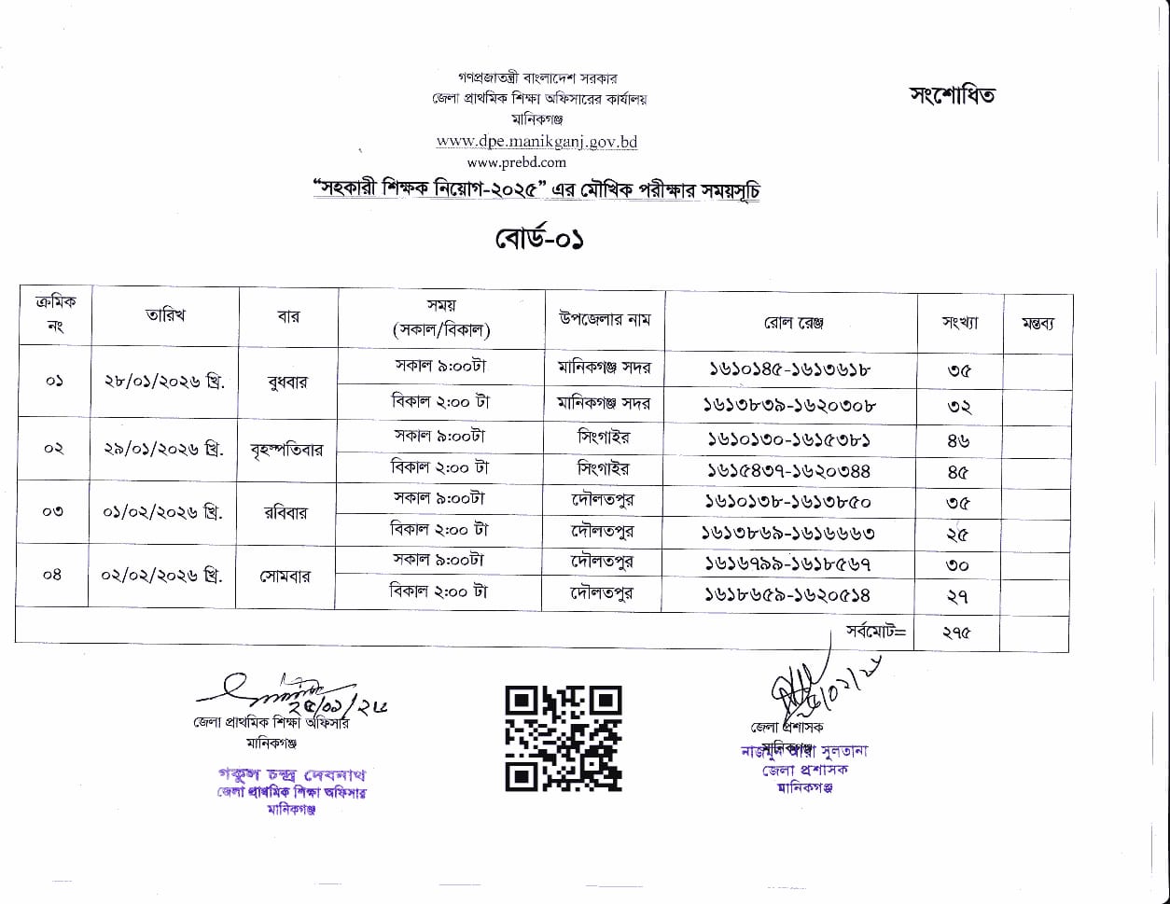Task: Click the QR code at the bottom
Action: coord(563,738)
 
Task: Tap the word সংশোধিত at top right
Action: coord(952,95)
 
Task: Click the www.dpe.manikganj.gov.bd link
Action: coord(536,142)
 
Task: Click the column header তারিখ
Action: coord(165,316)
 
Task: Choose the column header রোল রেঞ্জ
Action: coord(792,323)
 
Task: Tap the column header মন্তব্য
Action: coord(1037,324)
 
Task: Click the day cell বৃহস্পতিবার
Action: coord(286,450)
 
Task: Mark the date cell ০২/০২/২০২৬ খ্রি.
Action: coord(162,575)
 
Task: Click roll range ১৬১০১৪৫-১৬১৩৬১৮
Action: coord(789,369)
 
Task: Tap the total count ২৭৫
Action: coord(956,633)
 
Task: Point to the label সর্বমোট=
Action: coord(875,631)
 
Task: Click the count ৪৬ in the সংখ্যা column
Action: coord(958,441)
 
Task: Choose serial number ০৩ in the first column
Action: coord(53,511)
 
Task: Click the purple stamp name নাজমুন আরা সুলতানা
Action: coord(804,752)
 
